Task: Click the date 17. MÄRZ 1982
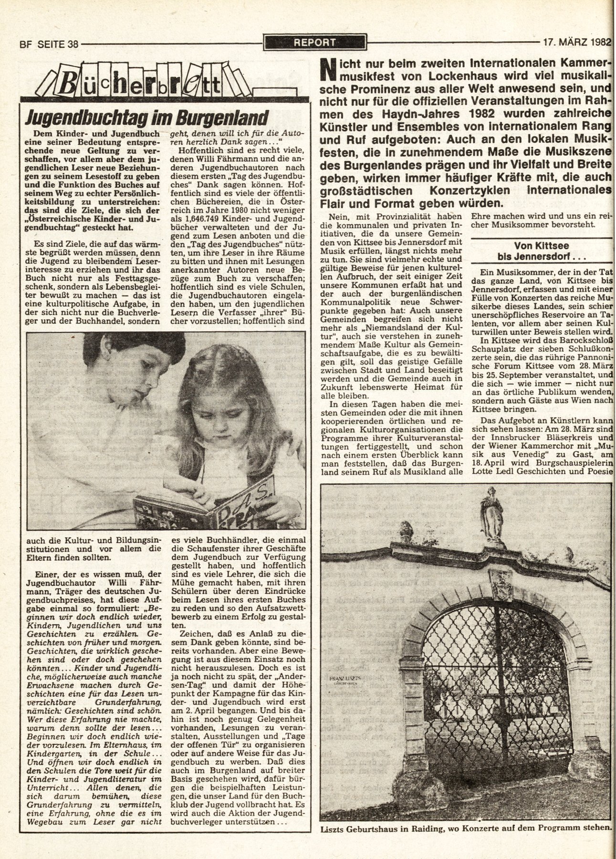577,42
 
